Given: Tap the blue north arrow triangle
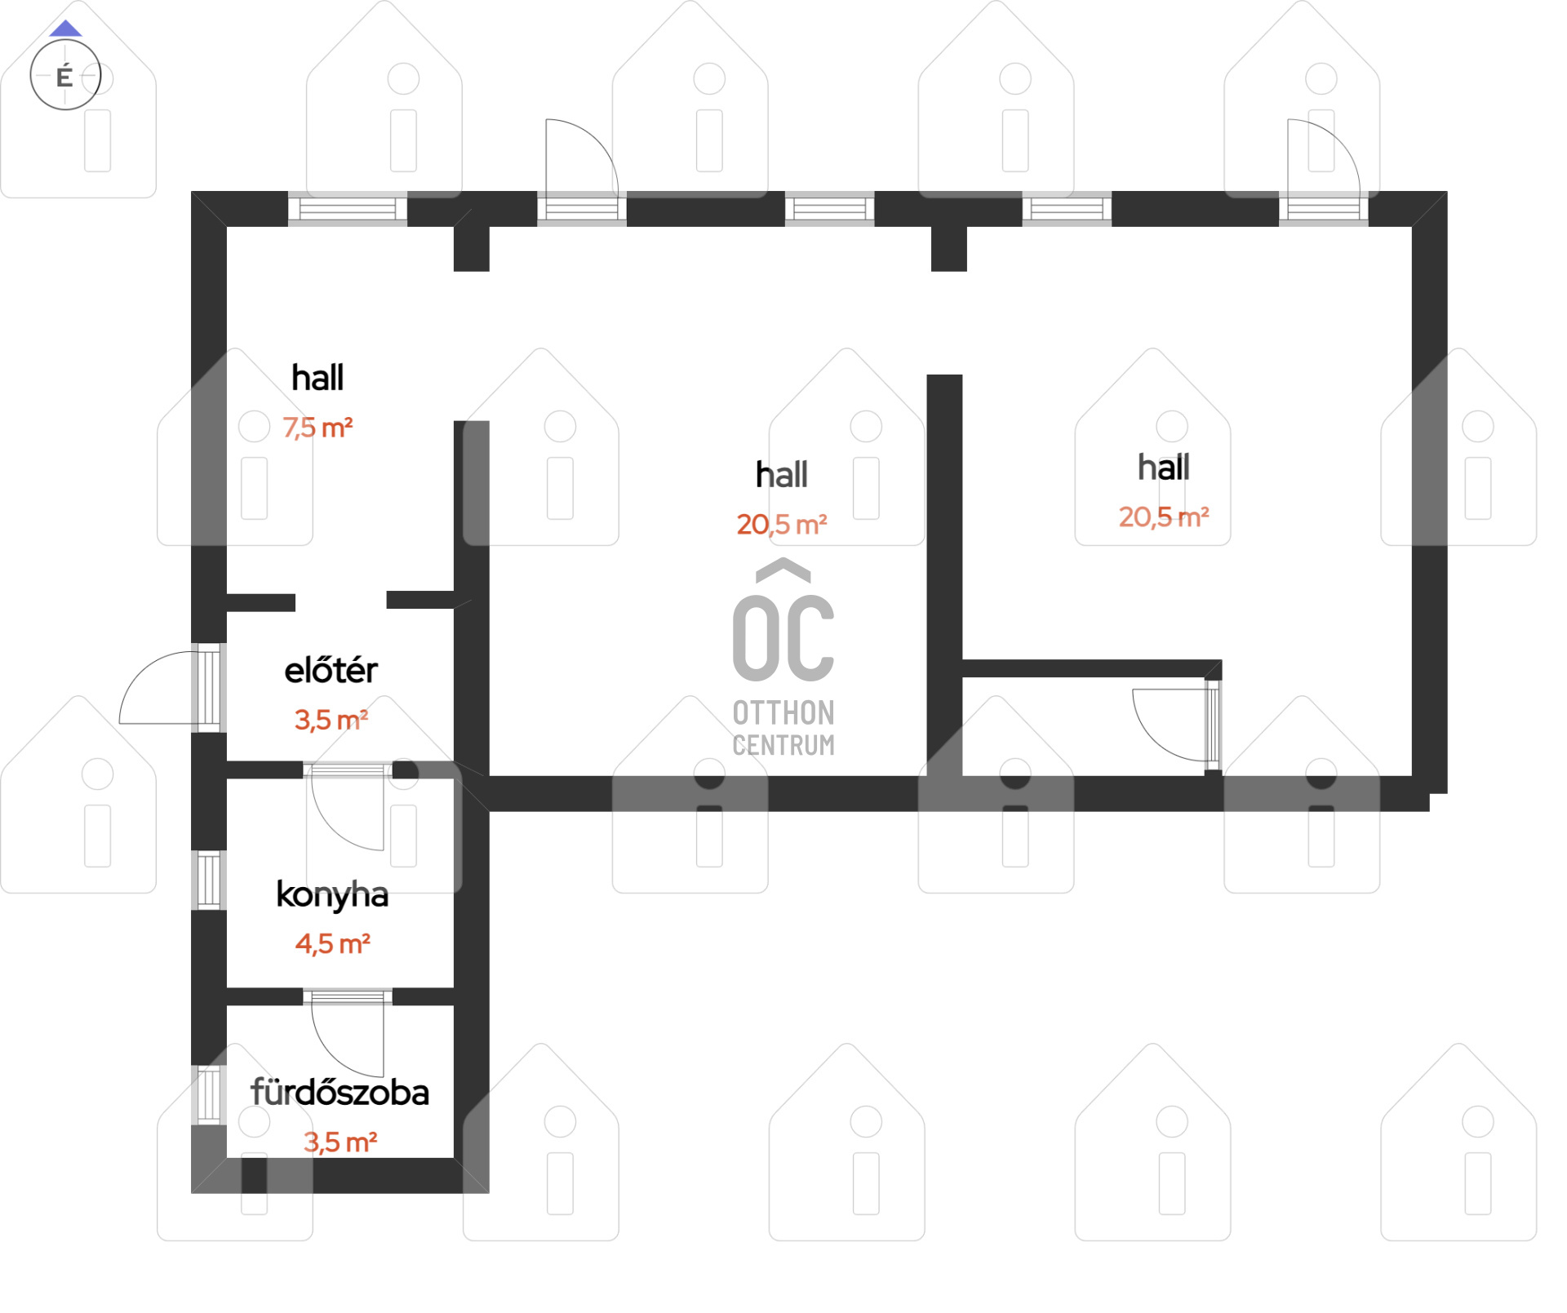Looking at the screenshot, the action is [65, 29].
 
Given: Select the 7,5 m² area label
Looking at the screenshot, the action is [317, 428].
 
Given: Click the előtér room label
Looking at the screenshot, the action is [331, 671].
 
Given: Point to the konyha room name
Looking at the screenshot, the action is [332, 895].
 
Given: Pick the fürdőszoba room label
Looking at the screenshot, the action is [340, 1093].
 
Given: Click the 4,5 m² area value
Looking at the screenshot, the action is [333, 944].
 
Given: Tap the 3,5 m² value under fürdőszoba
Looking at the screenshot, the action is [340, 1142].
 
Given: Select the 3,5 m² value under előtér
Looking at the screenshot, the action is [331, 720].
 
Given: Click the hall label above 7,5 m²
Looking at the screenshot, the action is [317, 378].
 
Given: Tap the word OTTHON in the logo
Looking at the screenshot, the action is [783, 713].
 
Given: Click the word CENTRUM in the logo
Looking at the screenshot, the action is [783, 745].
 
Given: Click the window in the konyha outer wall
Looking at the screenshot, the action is [209, 881].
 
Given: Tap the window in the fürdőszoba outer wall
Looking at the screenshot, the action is [209, 1094].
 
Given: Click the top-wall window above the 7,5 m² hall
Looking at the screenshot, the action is [348, 209].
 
